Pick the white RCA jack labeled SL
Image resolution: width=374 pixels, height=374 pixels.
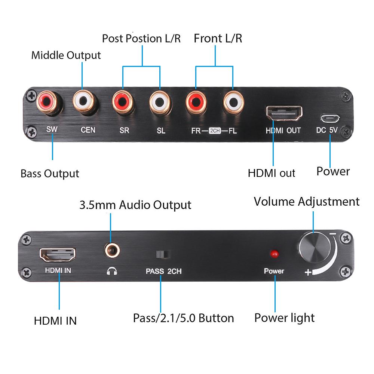coord(160,100)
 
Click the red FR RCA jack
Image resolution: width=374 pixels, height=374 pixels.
coord(197,100)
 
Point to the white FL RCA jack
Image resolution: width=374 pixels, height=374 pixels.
coord(233,100)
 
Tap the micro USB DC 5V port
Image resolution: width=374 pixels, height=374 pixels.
coord(330,119)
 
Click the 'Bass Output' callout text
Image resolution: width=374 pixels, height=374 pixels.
coord(50,174)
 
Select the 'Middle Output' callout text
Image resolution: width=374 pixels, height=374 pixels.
coord(66,55)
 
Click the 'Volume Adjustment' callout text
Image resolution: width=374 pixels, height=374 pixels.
coord(306,202)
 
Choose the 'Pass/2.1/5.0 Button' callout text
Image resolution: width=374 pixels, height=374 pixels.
coord(183,318)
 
